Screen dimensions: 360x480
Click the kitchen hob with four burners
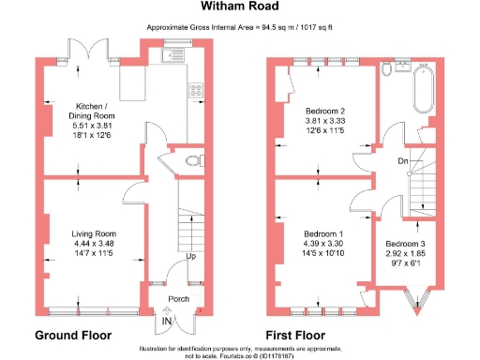click(x=198, y=91)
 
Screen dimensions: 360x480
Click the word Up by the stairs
click(x=191, y=256)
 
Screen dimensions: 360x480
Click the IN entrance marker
click(x=167, y=322)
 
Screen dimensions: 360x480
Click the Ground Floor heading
click(x=73, y=335)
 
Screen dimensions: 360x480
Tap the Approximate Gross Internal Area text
click(x=239, y=28)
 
